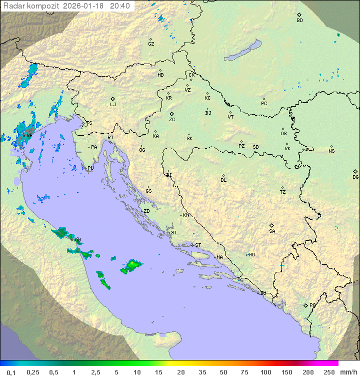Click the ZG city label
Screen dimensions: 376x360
tap(172, 120)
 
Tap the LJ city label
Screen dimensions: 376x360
tap(113, 105)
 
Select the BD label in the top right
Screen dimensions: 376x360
tap(299, 21)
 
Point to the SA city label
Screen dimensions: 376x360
tap(272, 231)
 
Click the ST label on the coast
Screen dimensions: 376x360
tap(198, 245)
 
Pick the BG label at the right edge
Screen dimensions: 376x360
tap(355, 177)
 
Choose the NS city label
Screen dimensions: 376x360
tap(331, 151)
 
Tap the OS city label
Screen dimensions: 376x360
tap(283, 134)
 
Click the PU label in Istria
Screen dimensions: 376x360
tap(90, 168)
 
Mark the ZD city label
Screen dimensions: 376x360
tap(146, 211)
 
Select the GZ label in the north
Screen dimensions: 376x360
tap(151, 44)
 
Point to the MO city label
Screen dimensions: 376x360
tap(251, 254)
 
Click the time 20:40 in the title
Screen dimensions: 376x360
tap(120, 6)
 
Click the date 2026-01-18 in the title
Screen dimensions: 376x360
tap(84, 6)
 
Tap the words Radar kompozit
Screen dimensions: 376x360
tap(32, 6)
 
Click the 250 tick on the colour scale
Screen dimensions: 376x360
tap(329, 372)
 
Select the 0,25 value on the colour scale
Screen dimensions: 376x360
tap(33, 372)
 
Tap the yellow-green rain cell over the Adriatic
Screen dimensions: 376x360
tap(133, 263)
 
